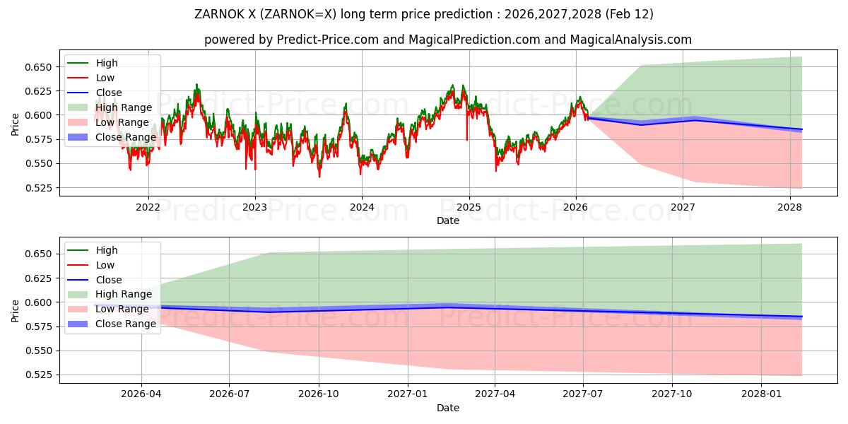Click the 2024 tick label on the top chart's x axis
(x=362, y=207)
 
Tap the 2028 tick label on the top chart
(x=789, y=207)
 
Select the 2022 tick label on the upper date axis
(x=148, y=207)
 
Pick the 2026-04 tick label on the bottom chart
(x=141, y=394)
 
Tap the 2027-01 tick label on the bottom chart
(x=407, y=394)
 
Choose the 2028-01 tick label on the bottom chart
(x=762, y=394)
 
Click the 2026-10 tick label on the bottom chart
(x=318, y=394)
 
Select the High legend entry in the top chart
(x=107, y=63)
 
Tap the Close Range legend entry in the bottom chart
(x=126, y=324)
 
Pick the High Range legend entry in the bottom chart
(x=124, y=294)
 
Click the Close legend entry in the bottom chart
(x=109, y=280)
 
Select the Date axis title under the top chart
(x=447, y=220)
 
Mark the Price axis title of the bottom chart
(x=16, y=310)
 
